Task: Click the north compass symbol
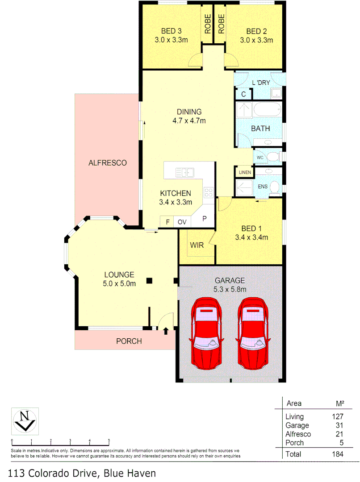pos(25,420)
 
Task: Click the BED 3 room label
pos(171,31)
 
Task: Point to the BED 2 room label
pos(256,31)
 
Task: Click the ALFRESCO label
pos(107,163)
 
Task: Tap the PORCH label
pos(129,341)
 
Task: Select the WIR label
pos(197,245)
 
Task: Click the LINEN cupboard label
pos(244,172)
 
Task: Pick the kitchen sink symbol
pos(184,172)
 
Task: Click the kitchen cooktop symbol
pos(209,192)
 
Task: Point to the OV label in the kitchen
pos(182,222)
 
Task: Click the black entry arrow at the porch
pos(166,331)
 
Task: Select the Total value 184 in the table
pos(337,454)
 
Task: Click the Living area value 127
pos(337,417)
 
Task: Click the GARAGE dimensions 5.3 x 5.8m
pos(230,289)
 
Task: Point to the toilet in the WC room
pos(273,157)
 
